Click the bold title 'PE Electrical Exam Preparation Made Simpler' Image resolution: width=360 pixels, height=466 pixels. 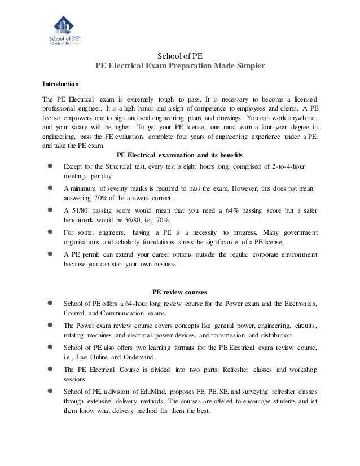pos(179,65)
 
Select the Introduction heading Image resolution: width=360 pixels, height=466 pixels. pos(61,85)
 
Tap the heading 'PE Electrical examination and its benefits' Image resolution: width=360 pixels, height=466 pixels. pos(179,156)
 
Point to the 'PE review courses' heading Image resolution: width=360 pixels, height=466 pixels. pos(180,292)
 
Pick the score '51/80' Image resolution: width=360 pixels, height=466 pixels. pos(80,210)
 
